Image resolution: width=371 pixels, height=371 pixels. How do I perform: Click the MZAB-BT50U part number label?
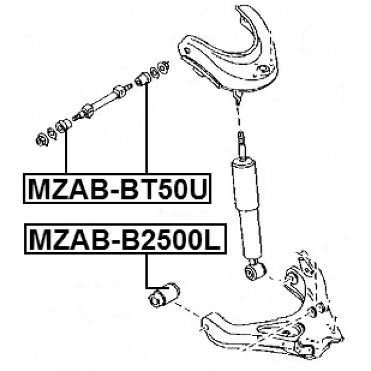pos(117,188)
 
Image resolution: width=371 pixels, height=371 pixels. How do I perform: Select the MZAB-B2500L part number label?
pos(125,239)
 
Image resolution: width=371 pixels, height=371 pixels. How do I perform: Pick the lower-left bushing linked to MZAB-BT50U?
pos(64,125)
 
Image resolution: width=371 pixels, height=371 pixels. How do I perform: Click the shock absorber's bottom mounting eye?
pos(256,271)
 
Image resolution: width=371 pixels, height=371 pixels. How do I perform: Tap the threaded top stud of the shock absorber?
pos(241,144)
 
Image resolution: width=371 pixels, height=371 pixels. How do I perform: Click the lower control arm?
pos(272,319)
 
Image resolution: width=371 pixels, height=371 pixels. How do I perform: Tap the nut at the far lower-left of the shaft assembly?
pos(42,140)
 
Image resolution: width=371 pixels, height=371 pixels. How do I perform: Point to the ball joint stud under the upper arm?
pos(237,97)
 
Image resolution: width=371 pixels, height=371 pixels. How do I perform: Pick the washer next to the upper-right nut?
pos(154,72)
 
